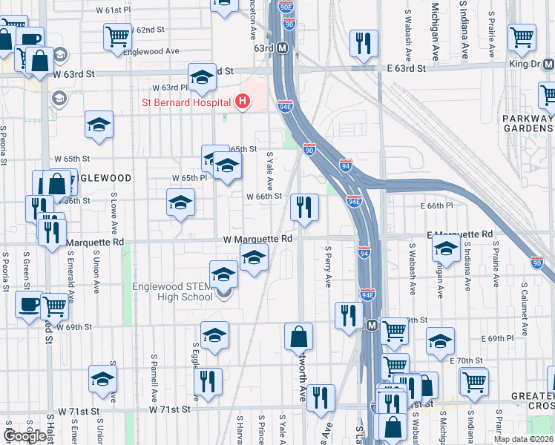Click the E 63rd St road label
click(406, 67)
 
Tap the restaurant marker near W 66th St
click(303, 208)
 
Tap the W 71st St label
click(170, 409)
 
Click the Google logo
click(24, 436)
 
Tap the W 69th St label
click(73, 326)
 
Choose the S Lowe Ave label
click(114, 212)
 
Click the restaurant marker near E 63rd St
click(363, 44)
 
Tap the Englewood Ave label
click(152, 51)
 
